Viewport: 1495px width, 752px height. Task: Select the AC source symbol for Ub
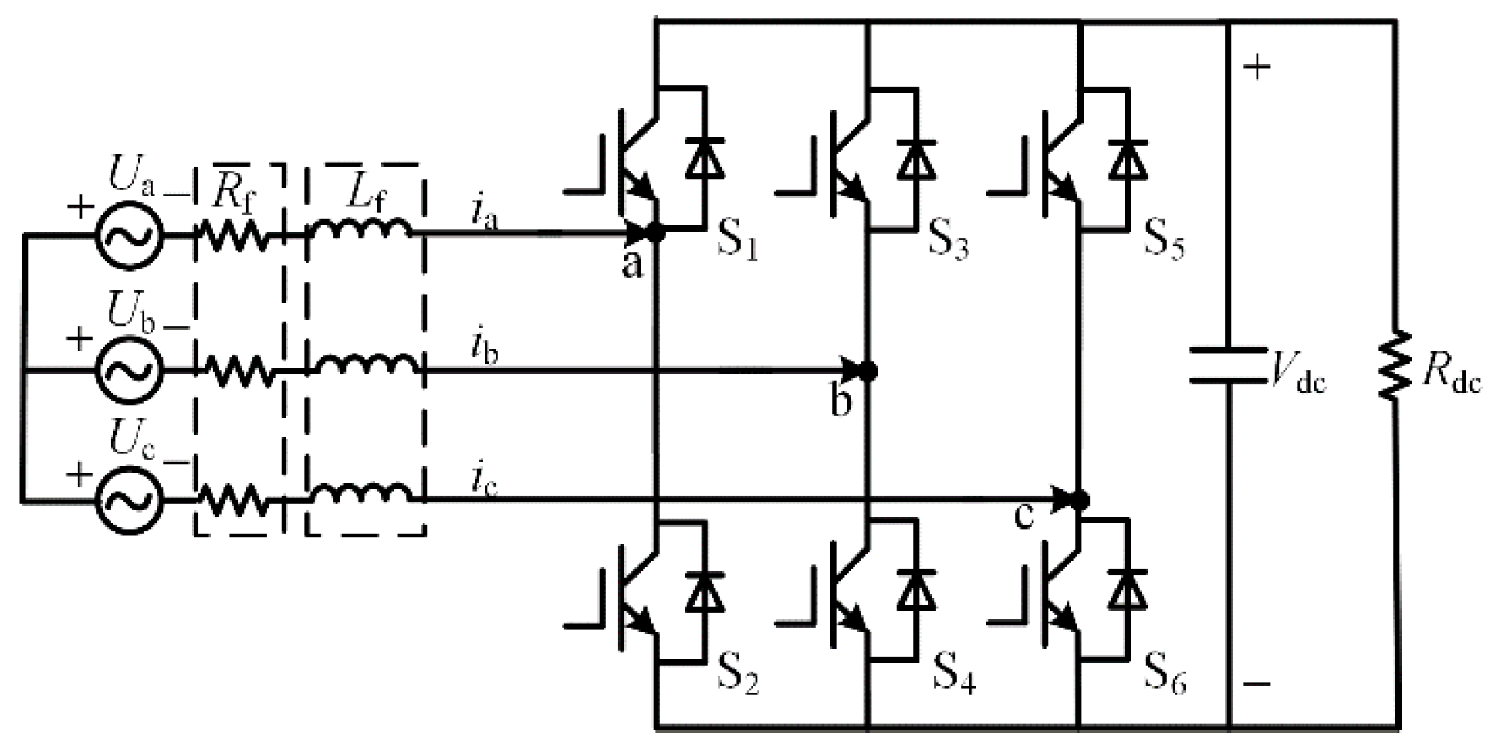pos(129,369)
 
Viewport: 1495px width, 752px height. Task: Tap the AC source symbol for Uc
pos(129,500)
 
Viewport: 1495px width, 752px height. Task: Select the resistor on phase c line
pos(235,500)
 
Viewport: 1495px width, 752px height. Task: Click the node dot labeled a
pos(656,232)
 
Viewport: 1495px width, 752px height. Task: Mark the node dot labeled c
pos(1081,500)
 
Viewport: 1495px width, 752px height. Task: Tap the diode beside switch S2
pos(705,591)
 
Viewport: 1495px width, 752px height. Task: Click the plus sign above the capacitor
pos(1257,68)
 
